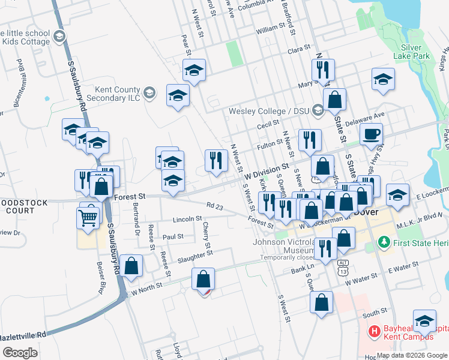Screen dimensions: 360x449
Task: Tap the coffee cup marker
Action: (x=370, y=134)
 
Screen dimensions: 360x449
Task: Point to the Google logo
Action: (x=20, y=352)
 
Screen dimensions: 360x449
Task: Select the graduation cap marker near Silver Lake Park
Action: (x=383, y=79)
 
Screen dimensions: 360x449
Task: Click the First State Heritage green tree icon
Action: (x=385, y=242)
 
